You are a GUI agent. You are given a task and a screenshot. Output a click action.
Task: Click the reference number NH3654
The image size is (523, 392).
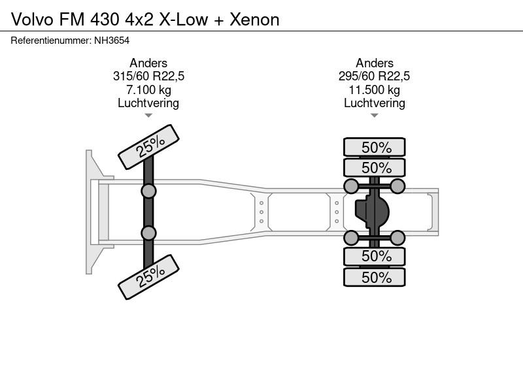pos(112,41)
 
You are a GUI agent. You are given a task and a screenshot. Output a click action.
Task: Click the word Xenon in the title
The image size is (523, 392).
pos(254,20)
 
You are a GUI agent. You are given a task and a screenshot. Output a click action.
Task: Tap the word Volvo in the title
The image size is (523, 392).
pos(32,20)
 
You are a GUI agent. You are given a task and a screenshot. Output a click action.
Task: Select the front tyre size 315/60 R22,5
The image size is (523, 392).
pos(148,76)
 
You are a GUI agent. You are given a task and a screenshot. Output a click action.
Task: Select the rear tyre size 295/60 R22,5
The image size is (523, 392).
pos(374,76)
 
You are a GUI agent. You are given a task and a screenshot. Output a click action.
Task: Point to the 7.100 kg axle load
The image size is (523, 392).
pos(148,90)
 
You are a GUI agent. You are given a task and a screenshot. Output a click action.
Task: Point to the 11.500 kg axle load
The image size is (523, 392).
pos(374,90)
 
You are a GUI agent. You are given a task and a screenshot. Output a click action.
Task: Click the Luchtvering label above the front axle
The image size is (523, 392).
pos(148,103)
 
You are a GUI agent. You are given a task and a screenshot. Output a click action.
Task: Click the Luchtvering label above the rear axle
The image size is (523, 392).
pos(374,103)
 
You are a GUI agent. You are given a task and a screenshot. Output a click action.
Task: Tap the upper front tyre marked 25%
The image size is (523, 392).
pos(149,147)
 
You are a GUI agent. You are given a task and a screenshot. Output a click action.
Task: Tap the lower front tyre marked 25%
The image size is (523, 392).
pos(149,277)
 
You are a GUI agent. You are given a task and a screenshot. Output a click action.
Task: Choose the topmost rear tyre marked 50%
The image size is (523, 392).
pos(375,147)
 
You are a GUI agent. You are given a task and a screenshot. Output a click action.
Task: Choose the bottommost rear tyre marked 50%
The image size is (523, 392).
pos(375,277)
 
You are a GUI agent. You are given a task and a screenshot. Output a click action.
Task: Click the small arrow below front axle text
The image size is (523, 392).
pos(148,116)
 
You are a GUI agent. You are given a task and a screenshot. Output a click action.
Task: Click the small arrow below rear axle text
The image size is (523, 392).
pos(374,116)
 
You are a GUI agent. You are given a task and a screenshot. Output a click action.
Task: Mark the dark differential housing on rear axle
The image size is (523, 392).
pos(372,212)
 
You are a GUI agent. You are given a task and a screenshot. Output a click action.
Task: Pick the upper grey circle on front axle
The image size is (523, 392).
pos(148,191)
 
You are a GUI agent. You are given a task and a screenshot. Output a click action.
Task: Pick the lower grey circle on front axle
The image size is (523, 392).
pos(148,233)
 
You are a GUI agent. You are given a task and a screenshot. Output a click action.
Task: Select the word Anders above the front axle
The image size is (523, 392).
pos(148,63)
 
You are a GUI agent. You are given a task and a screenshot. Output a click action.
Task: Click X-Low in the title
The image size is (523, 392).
pos(184,20)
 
